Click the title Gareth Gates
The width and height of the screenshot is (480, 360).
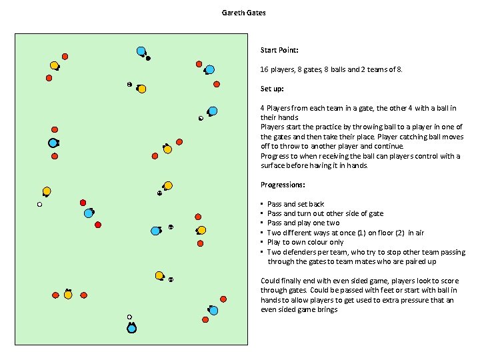click(x=243, y=13)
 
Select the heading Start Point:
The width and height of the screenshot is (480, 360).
click(x=279, y=50)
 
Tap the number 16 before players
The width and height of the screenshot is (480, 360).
click(x=264, y=69)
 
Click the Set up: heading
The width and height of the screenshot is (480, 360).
click(x=272, y=89)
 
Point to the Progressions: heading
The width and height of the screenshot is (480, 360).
click(x=283, y=185)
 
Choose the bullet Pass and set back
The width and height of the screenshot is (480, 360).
click(x=295, y=204)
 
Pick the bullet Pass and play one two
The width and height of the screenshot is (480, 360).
click(x=303, y=223)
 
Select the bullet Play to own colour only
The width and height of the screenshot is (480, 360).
click(x=305, y=243)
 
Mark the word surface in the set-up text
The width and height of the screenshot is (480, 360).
click(x=273, y=165)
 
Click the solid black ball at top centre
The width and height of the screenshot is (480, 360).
click(x=148, y=59)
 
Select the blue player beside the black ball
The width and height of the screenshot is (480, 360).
click(x=141, y=51)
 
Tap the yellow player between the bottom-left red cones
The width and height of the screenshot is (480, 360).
click(x=68, y=294)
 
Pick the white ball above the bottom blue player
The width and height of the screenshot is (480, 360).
click(x=129, y=317)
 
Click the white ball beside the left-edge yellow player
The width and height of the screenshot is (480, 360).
click(x=39, y=205)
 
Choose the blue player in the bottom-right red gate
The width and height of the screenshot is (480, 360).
click(x=214, y=310)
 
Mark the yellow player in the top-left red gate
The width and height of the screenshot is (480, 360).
click(x=55, y=65)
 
